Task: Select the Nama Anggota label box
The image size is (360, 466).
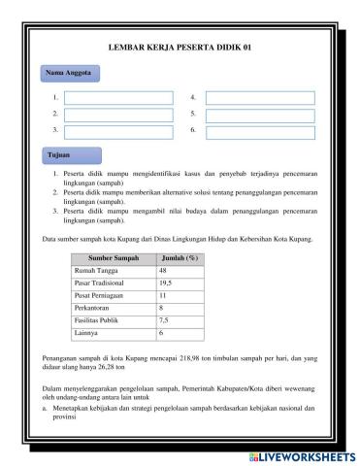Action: tap(69, 73)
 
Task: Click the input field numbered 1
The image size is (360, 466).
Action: tap(118, 98)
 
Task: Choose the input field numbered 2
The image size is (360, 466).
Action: tap(118, 115)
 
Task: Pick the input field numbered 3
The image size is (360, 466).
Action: tap(118, 131)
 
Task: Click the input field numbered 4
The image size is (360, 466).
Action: tap(260, 98)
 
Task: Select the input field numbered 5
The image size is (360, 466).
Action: tap(260, 115)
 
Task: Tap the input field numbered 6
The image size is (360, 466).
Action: tap(260, 131)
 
